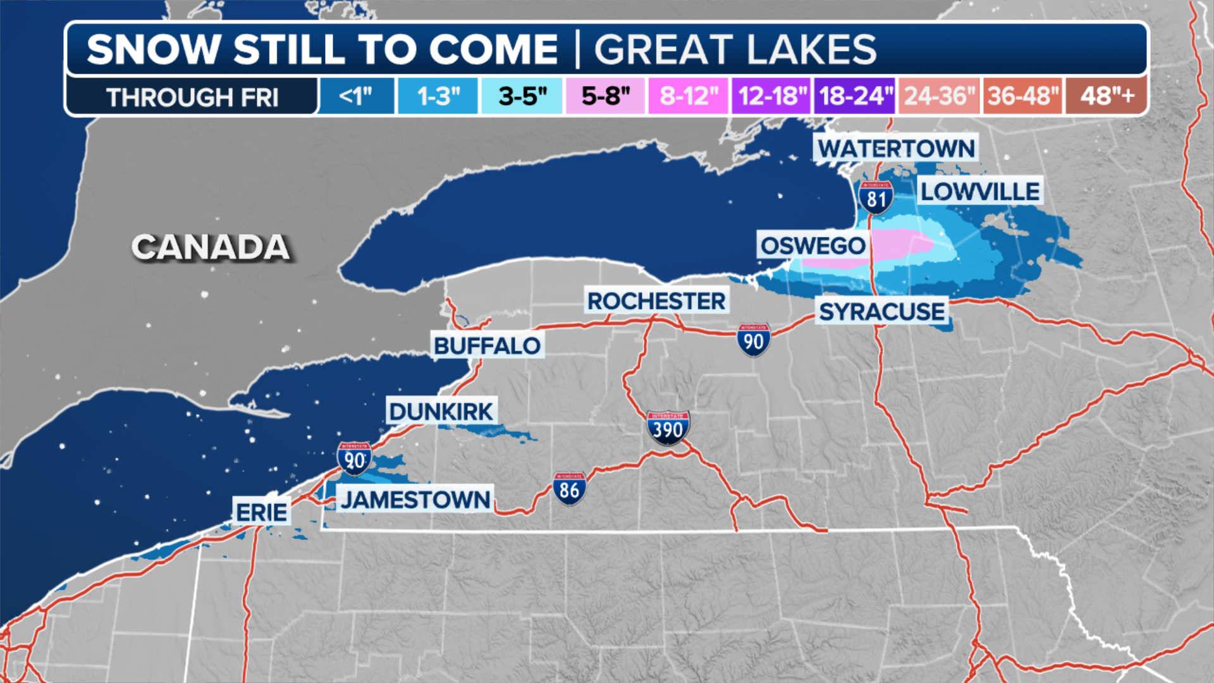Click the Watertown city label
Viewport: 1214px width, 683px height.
[x=896, y=149]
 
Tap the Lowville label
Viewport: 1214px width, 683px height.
[x=979, y=191]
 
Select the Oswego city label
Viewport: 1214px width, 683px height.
[x=812, y=245]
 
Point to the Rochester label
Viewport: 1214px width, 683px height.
[x=656, y=301]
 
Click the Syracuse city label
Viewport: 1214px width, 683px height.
[x=881, y=312]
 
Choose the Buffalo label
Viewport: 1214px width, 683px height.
[x=487, y=346]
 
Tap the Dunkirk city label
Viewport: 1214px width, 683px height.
[x=441, y=412]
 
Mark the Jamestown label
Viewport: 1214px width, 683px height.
[x=415, y=500]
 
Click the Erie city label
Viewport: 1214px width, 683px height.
[x=262, y=512]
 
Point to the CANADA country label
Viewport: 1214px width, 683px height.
[x=211, y=247]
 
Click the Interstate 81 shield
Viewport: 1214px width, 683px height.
[x=876, y=198]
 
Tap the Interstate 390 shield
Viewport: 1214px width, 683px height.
[x=668, y=428]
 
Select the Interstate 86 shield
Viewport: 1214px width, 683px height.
[x=569, y=489]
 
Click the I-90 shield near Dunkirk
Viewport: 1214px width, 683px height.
[x=354, y=458]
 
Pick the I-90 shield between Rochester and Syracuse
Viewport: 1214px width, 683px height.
[x=753, y=340]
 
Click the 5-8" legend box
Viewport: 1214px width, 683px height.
[x=605, y=96]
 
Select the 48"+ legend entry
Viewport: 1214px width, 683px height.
[x=1107, y=96]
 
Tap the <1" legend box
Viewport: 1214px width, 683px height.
[x=357, y=96]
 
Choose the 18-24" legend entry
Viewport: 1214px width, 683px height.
[x=855, y=96]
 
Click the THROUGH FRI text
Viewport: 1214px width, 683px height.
[x=192, y=97]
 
